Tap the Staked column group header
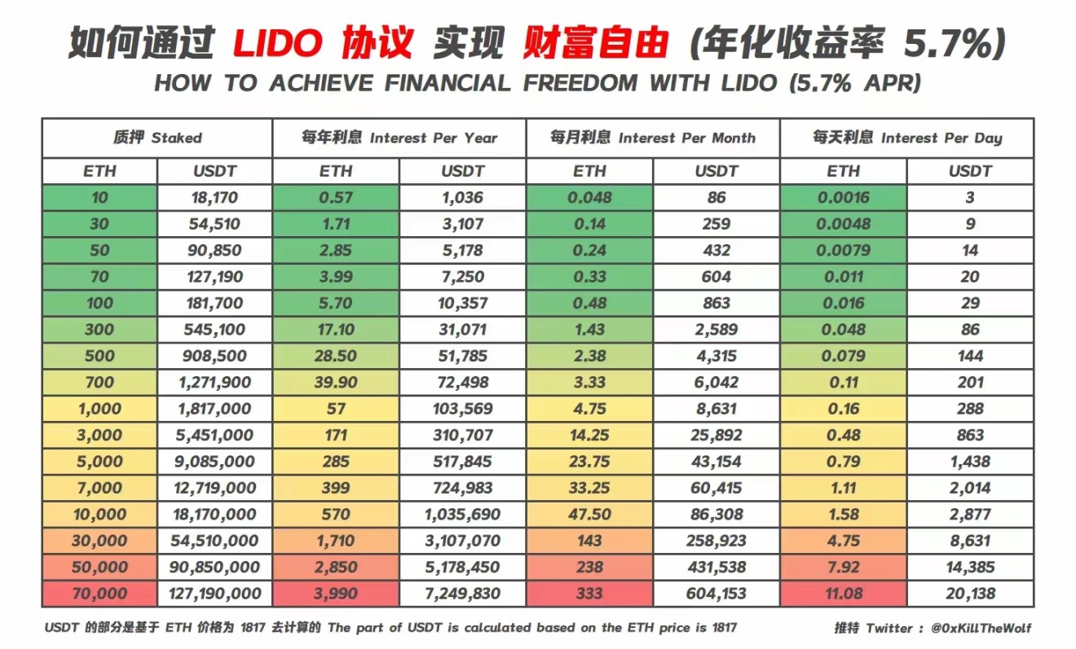tap(157, 138)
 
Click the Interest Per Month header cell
tap(653, 138)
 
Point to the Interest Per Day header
tap(906, 138)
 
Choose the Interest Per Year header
tap(399, 138)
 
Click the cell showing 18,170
tap(214, 198)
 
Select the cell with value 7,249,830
tap(462, 594)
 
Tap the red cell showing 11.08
tap(843, 594)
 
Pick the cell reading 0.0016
tap(843, 198)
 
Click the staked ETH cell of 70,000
tap(99, 594)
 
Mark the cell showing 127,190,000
tap(214, 594)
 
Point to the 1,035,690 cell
tap(462, 515)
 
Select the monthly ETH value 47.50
tap(589, 515)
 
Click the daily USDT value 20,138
tap(969, 594)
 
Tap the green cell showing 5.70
tap(336, 303)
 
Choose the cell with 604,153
tap(716, 594)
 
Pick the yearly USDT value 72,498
tap(462, 383)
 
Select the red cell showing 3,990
tap(336, 594)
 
